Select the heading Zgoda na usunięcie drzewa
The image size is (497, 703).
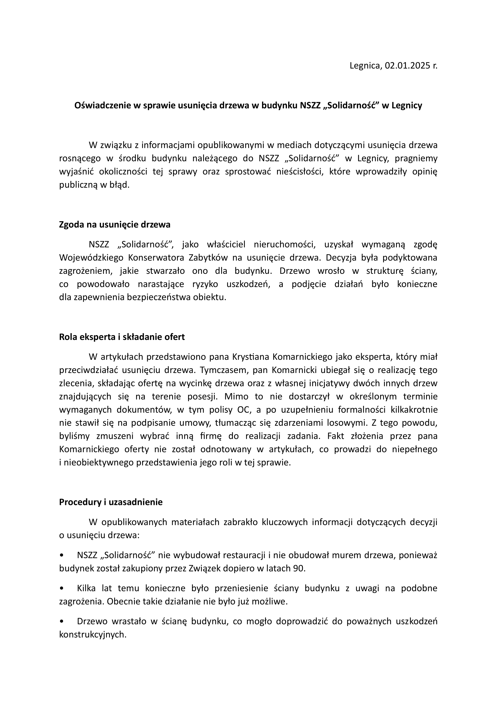(114, 225)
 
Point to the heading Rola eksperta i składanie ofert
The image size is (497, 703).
(122, 337)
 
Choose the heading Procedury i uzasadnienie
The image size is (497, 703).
(111, 502)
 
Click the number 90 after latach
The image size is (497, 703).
(299, 568)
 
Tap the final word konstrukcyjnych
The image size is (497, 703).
(93, 634)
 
